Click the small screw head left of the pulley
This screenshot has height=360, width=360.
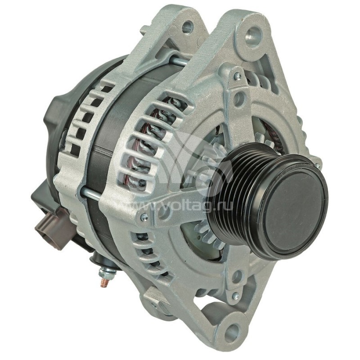tap(144, 217)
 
